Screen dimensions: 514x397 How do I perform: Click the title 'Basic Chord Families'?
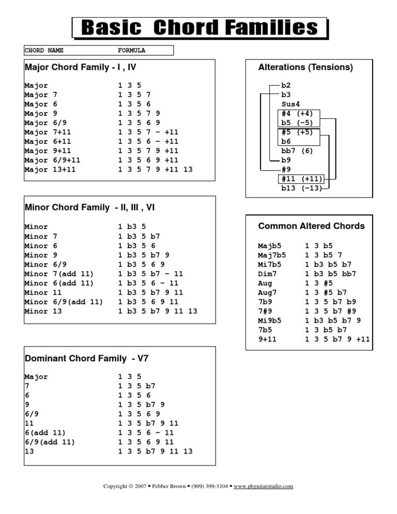pyautogui.click(x=199, y=28)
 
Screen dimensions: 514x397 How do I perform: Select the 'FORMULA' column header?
pyautogui.click(x=131, y=51)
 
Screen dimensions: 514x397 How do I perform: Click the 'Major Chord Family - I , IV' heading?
pyautogui.click(x=80, y=67)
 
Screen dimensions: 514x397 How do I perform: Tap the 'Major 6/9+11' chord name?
pyautogui.click(x=52, y=160)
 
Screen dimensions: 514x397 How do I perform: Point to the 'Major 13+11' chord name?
pyautogui.click(x=50, y=170)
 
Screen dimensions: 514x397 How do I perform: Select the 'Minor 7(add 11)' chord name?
pyautogui.click(x=59, y=274)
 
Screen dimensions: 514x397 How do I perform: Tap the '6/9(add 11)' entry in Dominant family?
pyautogui.click(x=50, y=442)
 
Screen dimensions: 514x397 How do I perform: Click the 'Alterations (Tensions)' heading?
pyautogui.click(x=306, y=67)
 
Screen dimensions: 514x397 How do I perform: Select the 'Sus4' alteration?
pyautogui.click(x=291, y=104)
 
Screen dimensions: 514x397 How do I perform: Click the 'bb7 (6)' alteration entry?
pyautogui.click(x=297, y=151)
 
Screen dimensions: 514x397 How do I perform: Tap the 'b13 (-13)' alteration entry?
pyautogui.click(x=300, y=188)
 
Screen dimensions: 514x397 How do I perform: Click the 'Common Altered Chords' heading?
pyautogui.click(x=311, y=226)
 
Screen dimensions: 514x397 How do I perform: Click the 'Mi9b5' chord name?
pyautogui.click(x=270, y=321)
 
